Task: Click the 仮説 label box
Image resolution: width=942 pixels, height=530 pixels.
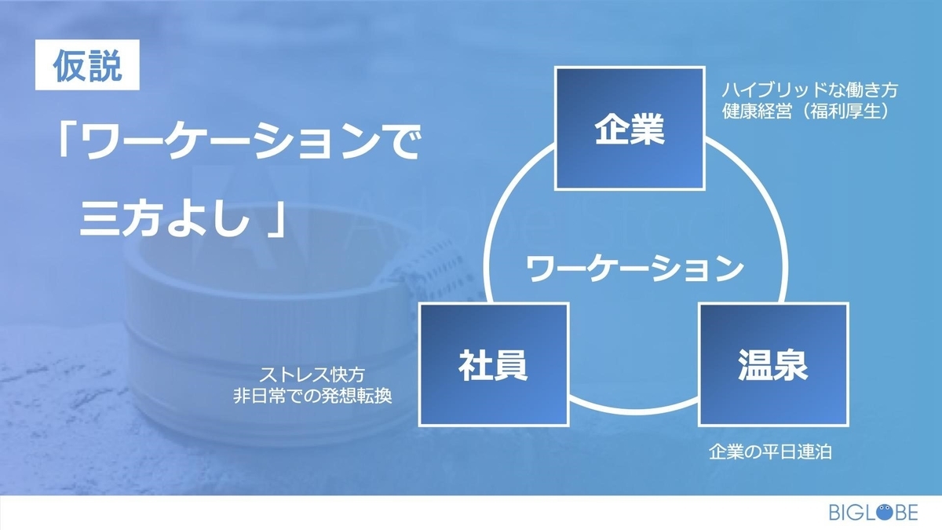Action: pos(87,64)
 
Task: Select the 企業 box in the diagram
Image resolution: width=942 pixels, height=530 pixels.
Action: pos(630,128)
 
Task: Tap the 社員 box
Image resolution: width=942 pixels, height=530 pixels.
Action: pos(494,364)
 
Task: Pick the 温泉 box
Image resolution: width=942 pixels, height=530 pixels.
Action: pos(773,364)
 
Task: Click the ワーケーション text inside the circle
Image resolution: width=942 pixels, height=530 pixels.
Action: pos(635,269)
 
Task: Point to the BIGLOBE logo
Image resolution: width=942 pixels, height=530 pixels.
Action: pos(873,512)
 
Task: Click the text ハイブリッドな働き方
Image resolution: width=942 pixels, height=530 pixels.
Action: pos(810,90)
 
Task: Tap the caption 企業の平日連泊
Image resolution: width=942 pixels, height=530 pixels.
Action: pos(770,451)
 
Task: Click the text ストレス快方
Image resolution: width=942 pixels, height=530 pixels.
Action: pos(312,374)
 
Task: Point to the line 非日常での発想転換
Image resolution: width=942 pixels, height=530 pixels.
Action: pos(312,396)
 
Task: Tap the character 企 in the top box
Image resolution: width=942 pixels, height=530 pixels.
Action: pos(612,129)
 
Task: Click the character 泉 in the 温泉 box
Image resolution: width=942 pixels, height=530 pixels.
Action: pos(791,365)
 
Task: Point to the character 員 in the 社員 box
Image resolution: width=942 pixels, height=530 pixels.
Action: pos(511,365)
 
